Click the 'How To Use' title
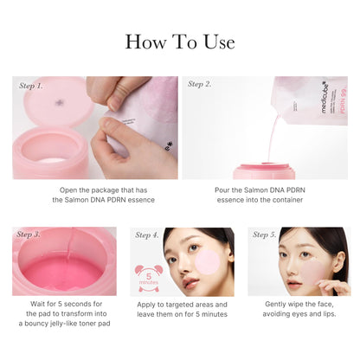(x=180, y=42)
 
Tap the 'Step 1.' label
(x=30, y=85)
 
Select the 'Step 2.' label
(x=201, y=85)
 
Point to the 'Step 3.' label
(x=29, y=235)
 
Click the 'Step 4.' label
(x=147, y=235)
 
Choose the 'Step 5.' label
(x=265, y=235)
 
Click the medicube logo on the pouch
(x=319, y=102)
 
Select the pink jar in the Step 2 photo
(x=265, y=170)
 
